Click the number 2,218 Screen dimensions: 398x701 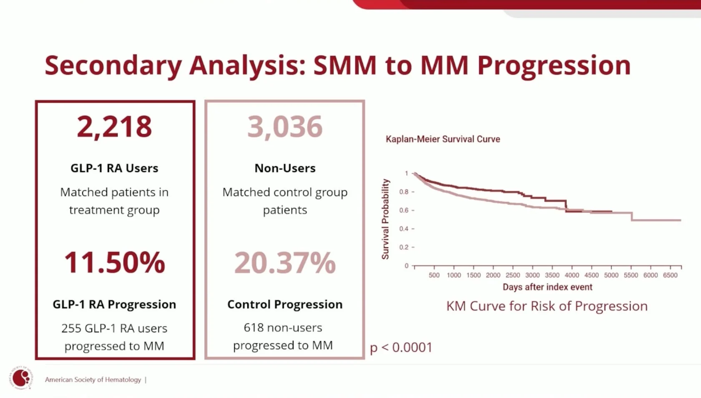114,127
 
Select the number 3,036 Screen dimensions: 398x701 285,127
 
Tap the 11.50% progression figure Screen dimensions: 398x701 115,263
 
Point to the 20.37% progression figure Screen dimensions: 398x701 285,263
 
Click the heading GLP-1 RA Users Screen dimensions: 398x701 114,168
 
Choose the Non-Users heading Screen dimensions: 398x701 285,168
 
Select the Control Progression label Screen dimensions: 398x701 285,304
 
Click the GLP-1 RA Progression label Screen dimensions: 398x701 114,304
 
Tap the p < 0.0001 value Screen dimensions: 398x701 401,347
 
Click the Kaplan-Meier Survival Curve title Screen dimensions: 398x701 442,139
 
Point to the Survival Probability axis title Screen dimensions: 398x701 385,219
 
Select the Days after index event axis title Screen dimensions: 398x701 547,287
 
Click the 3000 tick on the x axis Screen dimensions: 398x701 532,275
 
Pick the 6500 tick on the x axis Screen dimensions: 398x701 670,275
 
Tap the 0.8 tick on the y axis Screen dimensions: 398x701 404,192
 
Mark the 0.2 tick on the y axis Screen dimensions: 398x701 404,247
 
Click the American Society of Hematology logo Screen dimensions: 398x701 21,378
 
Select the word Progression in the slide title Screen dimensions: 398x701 554,66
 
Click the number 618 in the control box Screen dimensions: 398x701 253,328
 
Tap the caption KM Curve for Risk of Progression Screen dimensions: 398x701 547,306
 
